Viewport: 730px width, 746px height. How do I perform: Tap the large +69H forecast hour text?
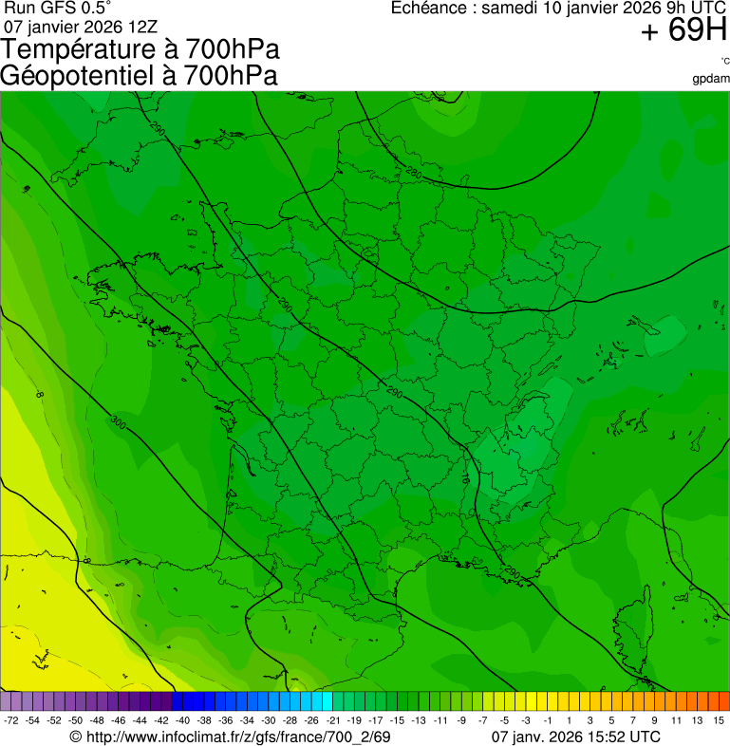tap(683, 30)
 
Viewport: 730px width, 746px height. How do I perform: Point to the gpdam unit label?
tap(710, 79)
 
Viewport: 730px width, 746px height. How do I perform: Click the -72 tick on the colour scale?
tap(11, 720)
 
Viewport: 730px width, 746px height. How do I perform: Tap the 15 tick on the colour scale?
tap(720, 720)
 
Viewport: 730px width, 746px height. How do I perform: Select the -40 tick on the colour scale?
tap(182, 720)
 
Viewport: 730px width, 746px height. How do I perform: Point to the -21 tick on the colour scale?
tap(333, 720)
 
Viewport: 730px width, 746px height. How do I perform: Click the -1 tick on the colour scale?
tap(547, 720)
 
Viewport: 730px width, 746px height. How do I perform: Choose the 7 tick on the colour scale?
tap(636, 720)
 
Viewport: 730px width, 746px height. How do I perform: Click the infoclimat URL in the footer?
tap(237, 737)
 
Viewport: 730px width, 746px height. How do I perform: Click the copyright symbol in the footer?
tap(76, 737)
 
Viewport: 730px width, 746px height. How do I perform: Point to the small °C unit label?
tap(724, 62)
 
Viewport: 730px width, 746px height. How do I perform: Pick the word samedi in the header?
tap(511, 9)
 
